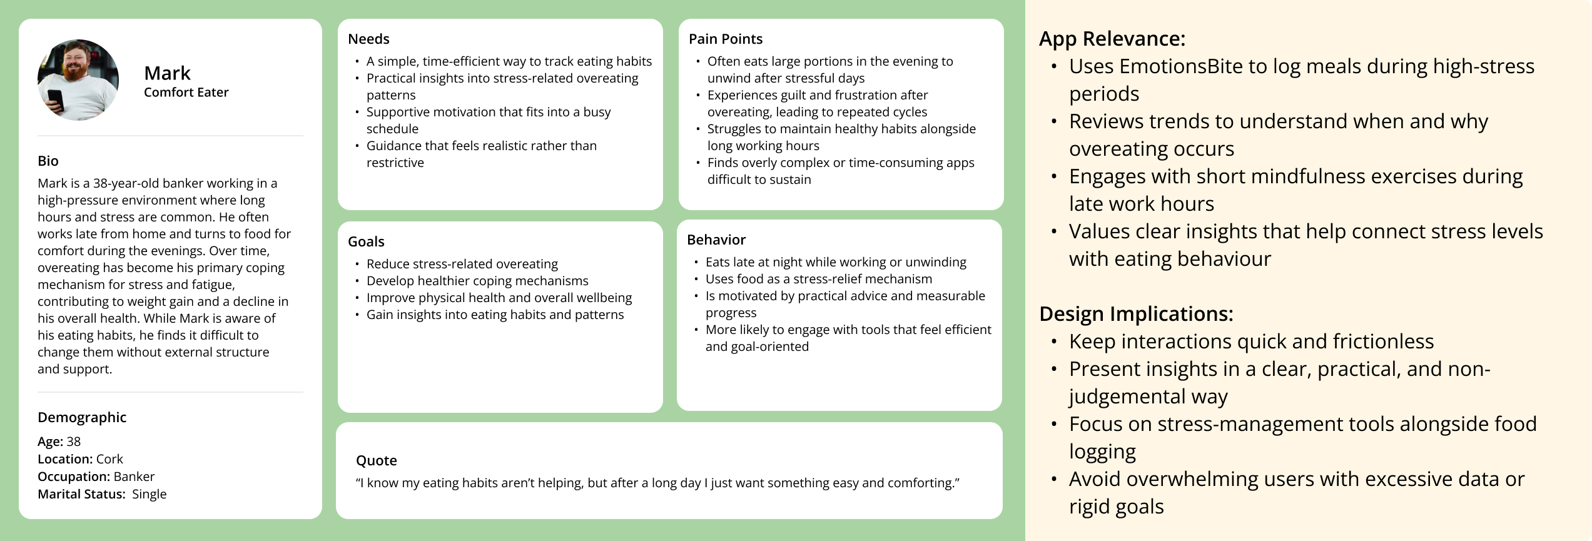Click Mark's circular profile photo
tap(78, 79)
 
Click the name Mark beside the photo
tap(167, 73)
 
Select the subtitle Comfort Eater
tap(186, 93)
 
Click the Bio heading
tap(48, 161)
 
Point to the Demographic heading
tap(82, 417)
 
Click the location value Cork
tap(109, 459)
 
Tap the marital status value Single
tap(150, 494)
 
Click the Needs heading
tap(368, 39)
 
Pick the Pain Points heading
tap(726, 39)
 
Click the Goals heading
tap(366, 241)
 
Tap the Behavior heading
tap(716, 240)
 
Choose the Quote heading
tap(377, 460)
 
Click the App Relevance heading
tap(1112, 39)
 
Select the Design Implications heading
tap(1136, 314)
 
